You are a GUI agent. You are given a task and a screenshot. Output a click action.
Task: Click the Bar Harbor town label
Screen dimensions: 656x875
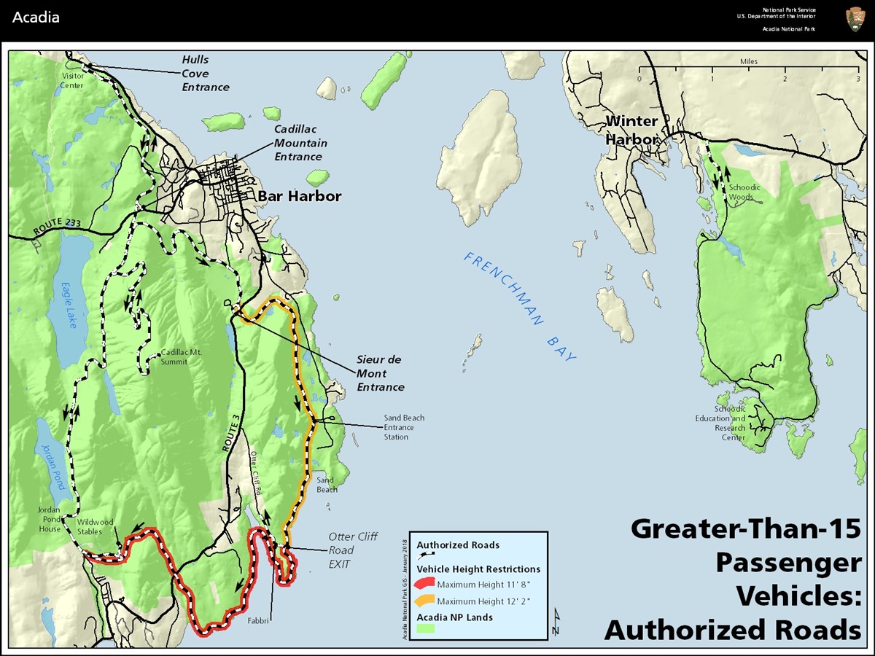tap(299, 197)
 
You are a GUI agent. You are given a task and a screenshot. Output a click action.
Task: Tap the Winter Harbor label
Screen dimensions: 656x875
tap(631, 130)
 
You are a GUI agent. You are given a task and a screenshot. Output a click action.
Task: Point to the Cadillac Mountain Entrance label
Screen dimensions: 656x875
tap(300, 143)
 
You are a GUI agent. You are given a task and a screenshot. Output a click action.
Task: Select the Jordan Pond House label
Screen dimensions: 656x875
tap(50, 519)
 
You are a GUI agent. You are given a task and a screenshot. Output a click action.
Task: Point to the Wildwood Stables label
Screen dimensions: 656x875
tap(97, 526)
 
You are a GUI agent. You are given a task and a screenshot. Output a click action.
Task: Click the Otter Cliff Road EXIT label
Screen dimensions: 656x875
tap(353, 550)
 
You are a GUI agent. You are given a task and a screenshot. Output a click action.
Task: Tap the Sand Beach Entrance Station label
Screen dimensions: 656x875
tap(404, 427)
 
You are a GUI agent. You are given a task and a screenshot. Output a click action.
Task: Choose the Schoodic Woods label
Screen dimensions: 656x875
tap(744, 192)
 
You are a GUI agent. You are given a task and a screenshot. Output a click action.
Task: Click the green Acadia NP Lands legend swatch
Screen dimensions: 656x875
tap(425, 628)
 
